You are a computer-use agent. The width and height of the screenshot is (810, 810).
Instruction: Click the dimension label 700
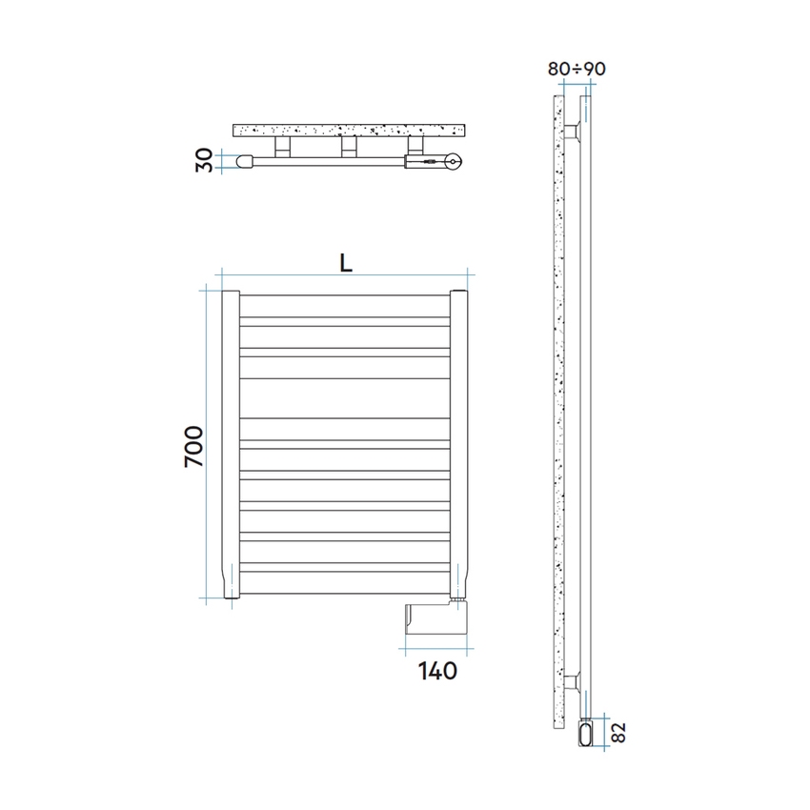[193, 445]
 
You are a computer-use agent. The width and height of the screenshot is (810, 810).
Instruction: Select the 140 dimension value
[437, 671]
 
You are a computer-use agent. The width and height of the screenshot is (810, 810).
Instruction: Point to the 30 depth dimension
[202, 161]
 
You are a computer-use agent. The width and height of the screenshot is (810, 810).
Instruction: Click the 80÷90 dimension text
[577, 69]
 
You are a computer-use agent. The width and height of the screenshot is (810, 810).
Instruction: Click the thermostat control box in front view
[435, 618]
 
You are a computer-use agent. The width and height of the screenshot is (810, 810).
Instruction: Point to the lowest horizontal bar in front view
[345, 581]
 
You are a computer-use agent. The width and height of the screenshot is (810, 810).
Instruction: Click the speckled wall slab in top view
[350, 129]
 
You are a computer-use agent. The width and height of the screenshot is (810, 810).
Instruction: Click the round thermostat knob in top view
[454, 162]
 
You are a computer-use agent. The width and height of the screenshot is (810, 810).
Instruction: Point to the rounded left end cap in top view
[245, 161]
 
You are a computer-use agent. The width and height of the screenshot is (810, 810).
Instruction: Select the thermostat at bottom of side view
[585, 734]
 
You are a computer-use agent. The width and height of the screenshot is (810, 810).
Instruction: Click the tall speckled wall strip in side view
[557, 400]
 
